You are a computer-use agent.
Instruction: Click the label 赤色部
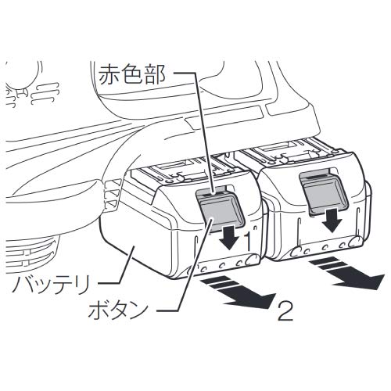tap(132, 74)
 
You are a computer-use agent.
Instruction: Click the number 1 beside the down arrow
tap(248, 241)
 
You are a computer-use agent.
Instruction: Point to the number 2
tap(285, 311)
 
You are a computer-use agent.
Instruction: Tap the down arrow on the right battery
tap(332, 221)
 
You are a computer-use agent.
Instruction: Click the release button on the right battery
tap(324, 193)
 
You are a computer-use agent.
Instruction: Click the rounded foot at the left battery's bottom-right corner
tap(253, 260)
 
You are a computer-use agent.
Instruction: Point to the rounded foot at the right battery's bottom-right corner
tap(354, 242)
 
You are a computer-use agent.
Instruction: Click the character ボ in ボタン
tap(97, 310)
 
